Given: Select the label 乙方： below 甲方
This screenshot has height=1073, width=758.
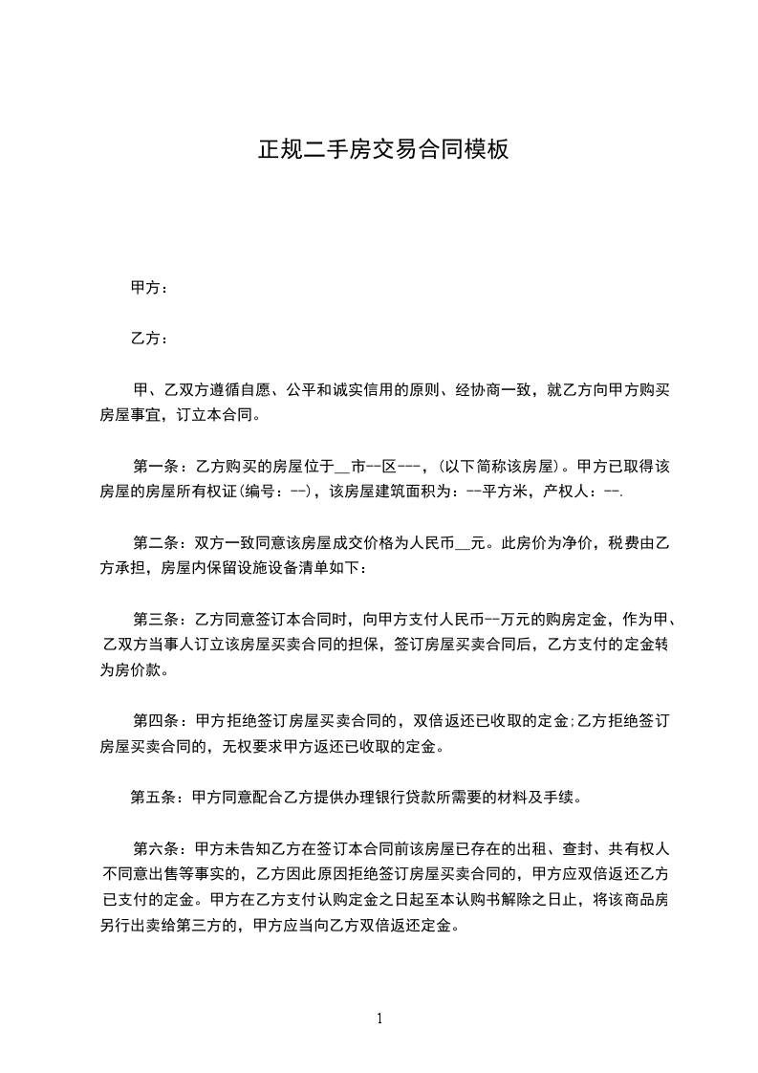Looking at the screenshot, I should [149, 339].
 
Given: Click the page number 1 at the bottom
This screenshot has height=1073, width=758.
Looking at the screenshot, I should [379, 1018].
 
